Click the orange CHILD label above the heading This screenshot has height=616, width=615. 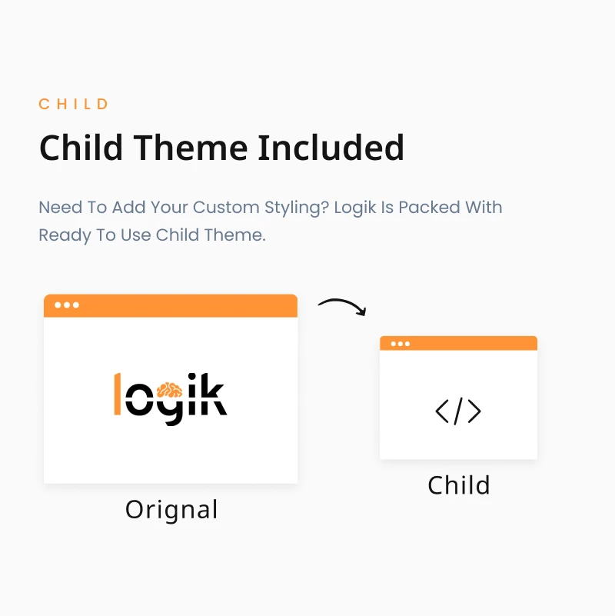(74, 104)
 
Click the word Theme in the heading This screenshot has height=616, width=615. (191, 148)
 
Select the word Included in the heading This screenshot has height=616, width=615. (331, 148)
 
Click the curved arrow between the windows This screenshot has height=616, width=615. (342, 303)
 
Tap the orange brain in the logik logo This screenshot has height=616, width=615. (169, 391)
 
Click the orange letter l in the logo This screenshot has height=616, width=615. (118, 394)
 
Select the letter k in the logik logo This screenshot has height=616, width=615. (212, 394)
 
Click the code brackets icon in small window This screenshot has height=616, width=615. (458, 411)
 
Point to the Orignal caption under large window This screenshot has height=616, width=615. (171, 510)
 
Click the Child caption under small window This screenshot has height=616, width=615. (459, 484)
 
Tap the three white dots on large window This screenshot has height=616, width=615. (67, 305)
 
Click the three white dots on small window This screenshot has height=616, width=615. (401, 344)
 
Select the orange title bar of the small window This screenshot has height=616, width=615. (458, 343)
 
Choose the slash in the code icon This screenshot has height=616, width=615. (458, 411)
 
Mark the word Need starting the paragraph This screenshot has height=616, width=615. (61, 208)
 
